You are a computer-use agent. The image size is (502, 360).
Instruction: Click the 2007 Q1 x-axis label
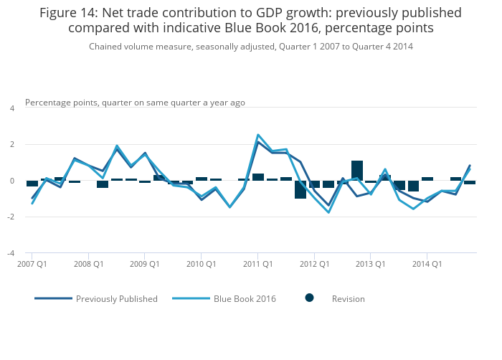pos(32,264)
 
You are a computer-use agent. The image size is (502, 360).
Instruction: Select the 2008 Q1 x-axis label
pos(88,264)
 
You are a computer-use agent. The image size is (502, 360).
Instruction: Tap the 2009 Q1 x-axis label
pos(145,264)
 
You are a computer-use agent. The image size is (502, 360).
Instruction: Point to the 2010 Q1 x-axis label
pos(202,264)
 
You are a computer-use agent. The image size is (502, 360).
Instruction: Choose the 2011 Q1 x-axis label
pos(257,264)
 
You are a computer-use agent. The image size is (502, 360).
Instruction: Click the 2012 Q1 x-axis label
pos(314,264)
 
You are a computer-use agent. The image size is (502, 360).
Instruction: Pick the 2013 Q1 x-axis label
pos(371,264)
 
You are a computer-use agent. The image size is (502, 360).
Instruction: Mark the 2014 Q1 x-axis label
pos(427,264)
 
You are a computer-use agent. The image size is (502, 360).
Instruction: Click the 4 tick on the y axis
pos(11,108)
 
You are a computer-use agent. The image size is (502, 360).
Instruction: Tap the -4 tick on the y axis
pos(11,253)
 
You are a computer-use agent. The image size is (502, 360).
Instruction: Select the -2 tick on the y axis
pos(11,217)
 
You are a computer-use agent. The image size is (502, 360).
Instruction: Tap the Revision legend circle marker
pos(310,298)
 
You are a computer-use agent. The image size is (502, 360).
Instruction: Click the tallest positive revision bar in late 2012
pos(357,171)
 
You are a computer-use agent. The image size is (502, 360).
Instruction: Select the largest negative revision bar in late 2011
pos(300,189)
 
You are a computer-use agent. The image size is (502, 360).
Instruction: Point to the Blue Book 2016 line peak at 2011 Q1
pos(258,135)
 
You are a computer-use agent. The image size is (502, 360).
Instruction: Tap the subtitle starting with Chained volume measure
pos(250,47)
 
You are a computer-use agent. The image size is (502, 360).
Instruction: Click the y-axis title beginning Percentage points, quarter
pos(135,103)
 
